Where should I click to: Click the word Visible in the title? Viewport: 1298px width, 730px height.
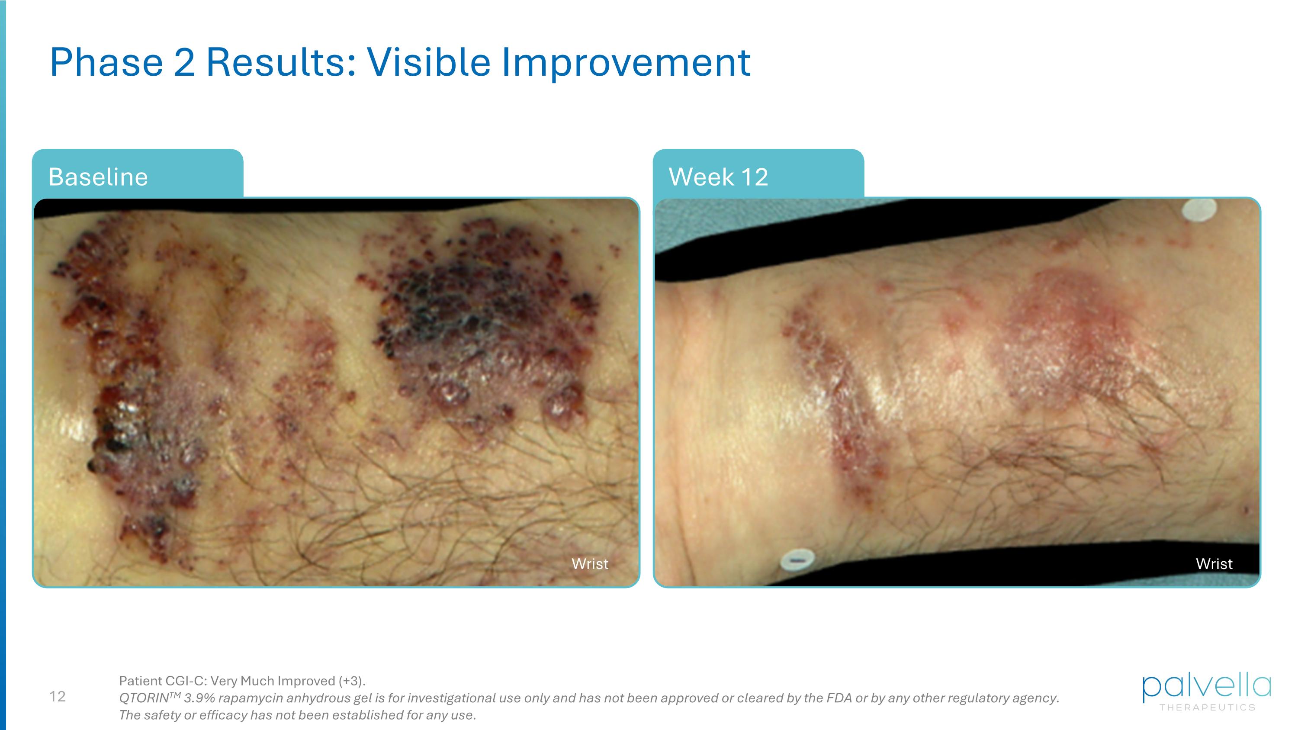(x=428, y=62)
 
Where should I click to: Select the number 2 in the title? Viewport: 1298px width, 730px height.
(x=184, y=62)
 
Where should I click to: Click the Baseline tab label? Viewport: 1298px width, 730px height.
(x=98, y=177)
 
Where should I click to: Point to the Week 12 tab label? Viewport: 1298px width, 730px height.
(x=718, y=177)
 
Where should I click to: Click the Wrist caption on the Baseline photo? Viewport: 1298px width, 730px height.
(x=590, y=564)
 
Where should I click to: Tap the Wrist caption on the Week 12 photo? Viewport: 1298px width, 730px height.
(x=1214, y=564)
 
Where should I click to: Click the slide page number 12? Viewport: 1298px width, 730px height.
(x=58, y=696)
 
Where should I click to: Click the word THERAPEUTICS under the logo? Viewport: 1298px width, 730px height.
(x=1207, y=707)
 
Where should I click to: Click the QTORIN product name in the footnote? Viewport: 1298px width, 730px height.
(x=144, y=698)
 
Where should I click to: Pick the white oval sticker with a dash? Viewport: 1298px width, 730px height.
(x=797, y=560)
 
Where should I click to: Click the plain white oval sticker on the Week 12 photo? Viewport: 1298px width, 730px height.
(x=1199, y=210)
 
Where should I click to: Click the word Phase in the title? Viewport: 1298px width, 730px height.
(x=106, y=62)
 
